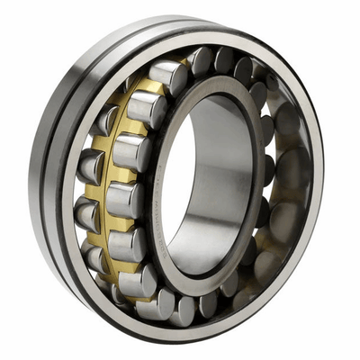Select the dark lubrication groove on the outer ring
(x=54, y=180)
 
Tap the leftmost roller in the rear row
(x=90, y=166)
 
